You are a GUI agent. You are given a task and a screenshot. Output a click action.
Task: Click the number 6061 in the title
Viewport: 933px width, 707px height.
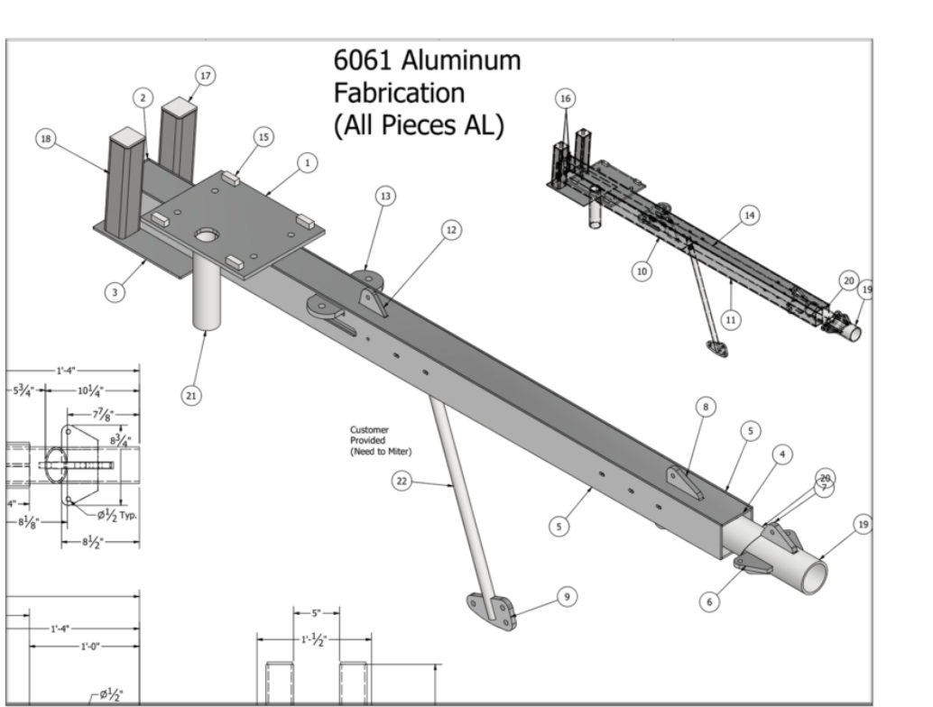pyautogui.click(x=365, y=61)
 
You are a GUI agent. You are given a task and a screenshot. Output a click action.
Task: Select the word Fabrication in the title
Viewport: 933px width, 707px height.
pyautogui.click(x=399, y=92)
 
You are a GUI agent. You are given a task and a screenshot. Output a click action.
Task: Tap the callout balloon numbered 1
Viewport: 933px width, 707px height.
pyautogui.click(x=307, y=163)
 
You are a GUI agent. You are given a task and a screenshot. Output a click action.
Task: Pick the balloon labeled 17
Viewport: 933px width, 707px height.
pyautogui.click(x=205, y=77)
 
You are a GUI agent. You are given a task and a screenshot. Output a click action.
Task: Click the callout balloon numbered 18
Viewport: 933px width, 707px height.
pyautogui.click(x=45, y=138)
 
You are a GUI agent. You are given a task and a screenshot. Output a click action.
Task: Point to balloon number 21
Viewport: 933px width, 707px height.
pyautogui.click(x=191, y=394)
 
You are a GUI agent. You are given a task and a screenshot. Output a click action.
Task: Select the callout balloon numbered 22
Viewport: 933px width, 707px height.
pyautogui.click(x=402, y=482)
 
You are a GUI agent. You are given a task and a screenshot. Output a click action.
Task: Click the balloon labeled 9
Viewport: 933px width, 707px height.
pyautogui.click(x=565, y=596)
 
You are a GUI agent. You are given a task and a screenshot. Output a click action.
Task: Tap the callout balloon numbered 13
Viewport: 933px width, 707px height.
pyautogui.click(x=386, y=197)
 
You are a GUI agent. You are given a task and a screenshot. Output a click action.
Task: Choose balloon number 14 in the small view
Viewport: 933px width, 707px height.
pyautogui.click(x=748, y=214)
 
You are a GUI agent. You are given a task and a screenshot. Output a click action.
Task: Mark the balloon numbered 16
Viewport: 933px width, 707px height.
pyautogui.click(x=566, y=97)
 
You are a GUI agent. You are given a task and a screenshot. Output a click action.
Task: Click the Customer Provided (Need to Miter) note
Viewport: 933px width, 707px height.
pyautogui.click(x=381, y=440)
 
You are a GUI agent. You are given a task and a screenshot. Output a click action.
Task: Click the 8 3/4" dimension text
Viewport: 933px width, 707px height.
pyautogui.click(x=121, y=440)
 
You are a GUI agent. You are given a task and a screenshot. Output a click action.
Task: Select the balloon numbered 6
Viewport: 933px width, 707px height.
pyautogui.click(x=710, y=600)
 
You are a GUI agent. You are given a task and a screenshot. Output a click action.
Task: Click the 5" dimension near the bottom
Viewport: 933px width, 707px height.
pyautogui.click(x=315, y=613)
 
